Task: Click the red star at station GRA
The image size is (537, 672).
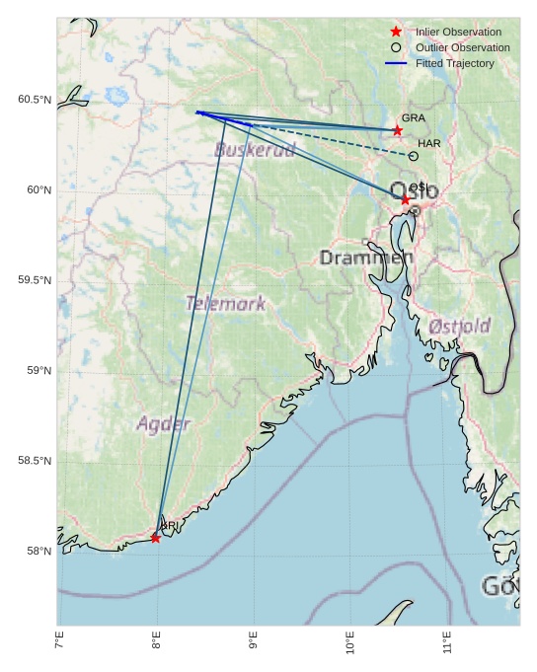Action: pos(398,130)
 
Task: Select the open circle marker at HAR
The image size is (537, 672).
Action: pos(413,156)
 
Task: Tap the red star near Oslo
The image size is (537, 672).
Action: pos(405,199)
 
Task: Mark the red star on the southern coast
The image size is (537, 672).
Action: pos(156,538)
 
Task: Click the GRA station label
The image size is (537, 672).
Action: pos(413,117)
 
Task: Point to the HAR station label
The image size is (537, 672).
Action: pos(428,143)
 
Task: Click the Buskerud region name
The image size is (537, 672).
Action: pos(255,150)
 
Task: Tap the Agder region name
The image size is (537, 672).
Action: pos(163,424)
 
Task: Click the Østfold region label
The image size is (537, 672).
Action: pos(460,326)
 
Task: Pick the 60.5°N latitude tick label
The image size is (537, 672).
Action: pos(34,100)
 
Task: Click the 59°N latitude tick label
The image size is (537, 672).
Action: pos(38,370)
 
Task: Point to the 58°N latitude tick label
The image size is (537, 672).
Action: pos(38,551)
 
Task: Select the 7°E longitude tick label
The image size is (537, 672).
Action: pos(59,643)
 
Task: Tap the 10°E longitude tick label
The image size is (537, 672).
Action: pos(350,643)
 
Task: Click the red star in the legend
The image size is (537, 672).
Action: pos(396,32)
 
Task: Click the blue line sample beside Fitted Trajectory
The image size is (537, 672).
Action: pos(396,63)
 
